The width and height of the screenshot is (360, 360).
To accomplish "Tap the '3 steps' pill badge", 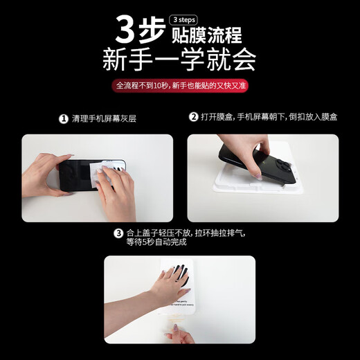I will click(184, 19).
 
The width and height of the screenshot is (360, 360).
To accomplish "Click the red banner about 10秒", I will click(179, 87).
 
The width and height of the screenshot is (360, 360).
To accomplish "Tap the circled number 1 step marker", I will click(64, 118).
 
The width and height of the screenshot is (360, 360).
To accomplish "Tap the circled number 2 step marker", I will click(194, 117).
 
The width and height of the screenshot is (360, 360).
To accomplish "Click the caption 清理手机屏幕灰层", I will click(103, 118).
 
